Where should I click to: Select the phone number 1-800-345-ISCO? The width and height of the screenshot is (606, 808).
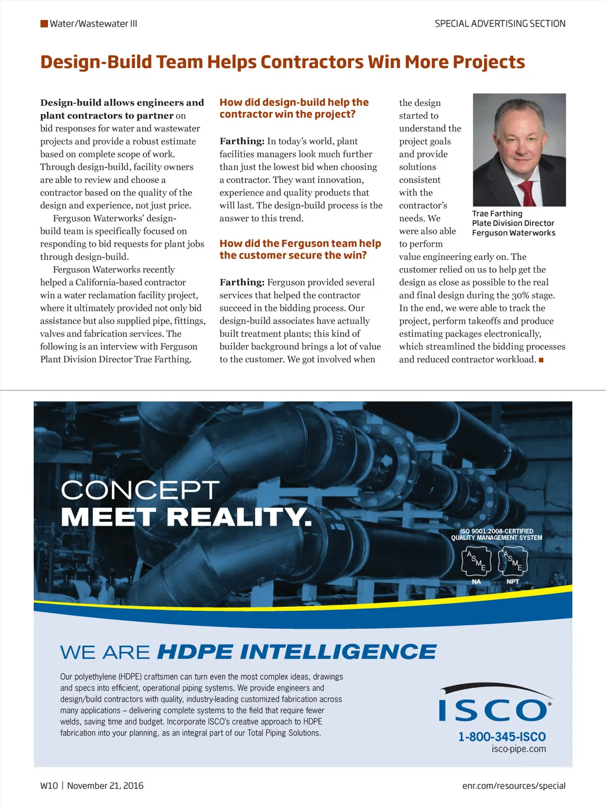point(502,737)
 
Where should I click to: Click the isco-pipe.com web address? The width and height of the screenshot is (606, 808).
point(518,749)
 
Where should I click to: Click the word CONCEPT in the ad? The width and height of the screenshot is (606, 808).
point(140,490)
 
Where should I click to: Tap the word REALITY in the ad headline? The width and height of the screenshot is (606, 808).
point(238,517)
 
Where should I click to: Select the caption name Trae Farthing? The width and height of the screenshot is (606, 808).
point(497,214)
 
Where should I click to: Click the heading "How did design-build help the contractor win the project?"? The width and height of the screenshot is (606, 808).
point(294,108)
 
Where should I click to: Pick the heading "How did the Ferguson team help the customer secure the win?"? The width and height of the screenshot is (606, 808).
point(300,249)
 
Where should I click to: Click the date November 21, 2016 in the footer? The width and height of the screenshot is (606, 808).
point(105,786)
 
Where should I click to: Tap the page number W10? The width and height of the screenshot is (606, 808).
point(49,786)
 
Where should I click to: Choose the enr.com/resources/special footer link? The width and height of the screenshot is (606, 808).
point(514,786)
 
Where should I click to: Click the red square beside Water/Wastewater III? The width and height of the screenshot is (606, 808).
point(44,24)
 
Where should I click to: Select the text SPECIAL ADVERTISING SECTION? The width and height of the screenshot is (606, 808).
point(500,24)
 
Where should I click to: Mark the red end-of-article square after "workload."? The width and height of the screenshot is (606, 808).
point(541,360)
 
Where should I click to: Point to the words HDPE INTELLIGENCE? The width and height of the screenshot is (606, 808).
point(296,652)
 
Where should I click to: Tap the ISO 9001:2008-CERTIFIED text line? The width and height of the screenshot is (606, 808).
point(497,531)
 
